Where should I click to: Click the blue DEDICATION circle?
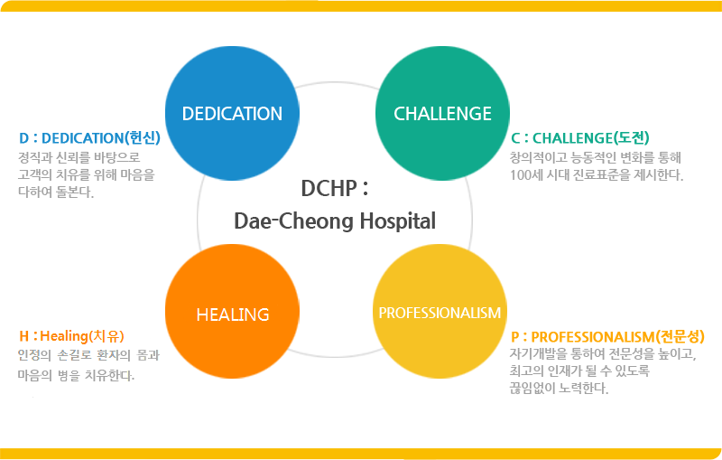(232, 113)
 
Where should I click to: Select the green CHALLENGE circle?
(442, 113)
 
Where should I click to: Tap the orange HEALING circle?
(232, 312)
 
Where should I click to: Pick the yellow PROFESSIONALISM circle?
(440, 312)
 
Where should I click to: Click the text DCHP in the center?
(329, 189)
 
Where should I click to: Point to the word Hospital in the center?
(398, 221)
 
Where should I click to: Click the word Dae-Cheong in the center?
(294, 221)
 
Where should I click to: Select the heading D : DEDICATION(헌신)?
(89, 137)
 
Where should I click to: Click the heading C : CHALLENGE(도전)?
(580, 137)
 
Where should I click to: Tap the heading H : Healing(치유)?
(71, 336)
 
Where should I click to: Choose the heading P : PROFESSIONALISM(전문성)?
(607, 337)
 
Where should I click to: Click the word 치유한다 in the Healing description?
(109, 376)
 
